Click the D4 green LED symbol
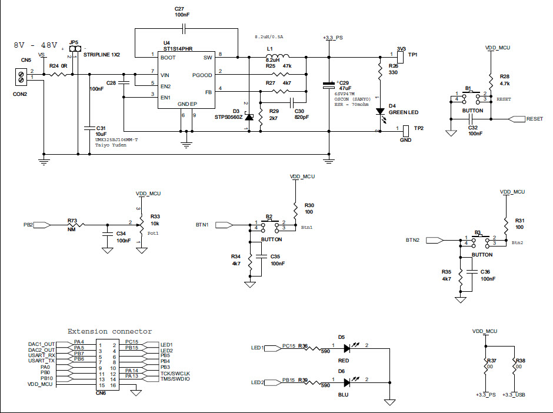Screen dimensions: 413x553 [x=380, y=111]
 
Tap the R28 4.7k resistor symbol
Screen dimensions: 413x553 [x=490, y=80]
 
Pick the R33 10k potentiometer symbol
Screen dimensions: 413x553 [x=140, y=224]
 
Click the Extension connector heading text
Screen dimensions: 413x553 [x=109, y=332]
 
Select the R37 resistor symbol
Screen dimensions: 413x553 [x=487, y=366]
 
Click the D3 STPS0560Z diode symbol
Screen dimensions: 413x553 [x=248, y=117]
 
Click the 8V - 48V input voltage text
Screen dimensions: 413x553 [x=35, y=45]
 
